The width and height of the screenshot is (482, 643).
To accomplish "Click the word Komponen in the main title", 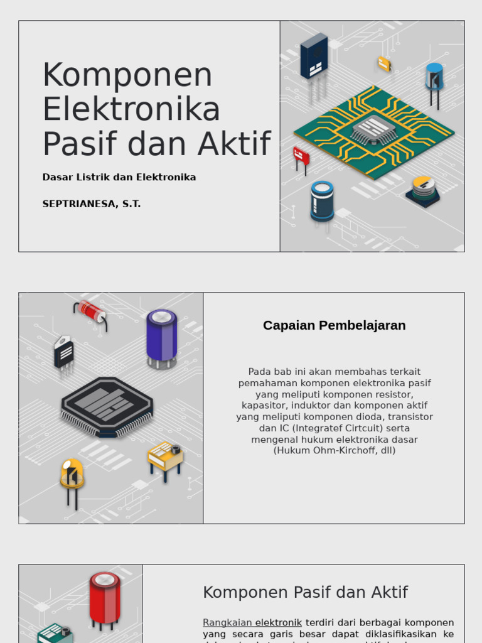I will click(127, 75).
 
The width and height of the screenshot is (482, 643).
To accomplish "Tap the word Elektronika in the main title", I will click(131, 109).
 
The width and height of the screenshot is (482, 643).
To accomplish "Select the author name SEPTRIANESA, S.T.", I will click(92, 204).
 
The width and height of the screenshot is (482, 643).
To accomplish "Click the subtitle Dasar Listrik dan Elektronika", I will click(119, 177).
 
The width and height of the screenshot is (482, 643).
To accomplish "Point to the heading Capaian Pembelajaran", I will click(334, 325).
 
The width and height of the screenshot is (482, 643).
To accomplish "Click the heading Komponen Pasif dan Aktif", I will click(305, 592).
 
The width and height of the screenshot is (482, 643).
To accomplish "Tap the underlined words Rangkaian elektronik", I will click(252, 622).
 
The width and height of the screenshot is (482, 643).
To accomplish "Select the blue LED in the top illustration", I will click(434, 78).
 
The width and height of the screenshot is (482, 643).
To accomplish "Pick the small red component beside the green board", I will click(301, 156).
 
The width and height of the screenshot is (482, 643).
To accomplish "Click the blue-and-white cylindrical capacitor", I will click(322, 201).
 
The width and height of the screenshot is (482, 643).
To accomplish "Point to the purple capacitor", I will click(162, 336).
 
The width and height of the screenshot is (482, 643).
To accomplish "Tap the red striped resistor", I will click(92, 312).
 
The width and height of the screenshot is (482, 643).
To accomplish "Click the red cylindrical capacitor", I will click(105, 597).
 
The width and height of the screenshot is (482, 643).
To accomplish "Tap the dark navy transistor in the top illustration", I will click(314, 57).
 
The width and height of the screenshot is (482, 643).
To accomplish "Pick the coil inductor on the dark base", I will click(423, 190).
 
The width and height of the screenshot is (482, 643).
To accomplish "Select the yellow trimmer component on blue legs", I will click(165, 457).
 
